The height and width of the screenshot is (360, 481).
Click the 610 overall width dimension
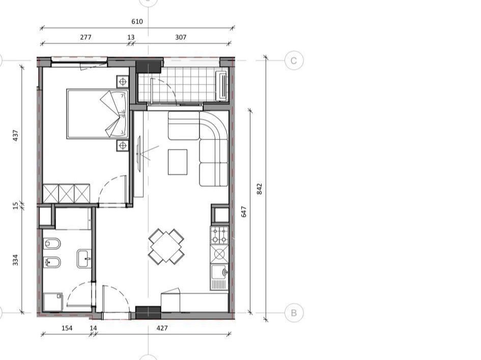pos(137,21)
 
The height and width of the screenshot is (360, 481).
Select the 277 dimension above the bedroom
pos(86,37)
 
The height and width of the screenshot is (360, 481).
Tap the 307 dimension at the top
pos(181,37)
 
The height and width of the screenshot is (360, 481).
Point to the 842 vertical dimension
pos(260,189)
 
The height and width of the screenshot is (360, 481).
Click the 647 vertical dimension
pos(244,212)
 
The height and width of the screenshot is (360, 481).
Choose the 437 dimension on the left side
pos(15,135)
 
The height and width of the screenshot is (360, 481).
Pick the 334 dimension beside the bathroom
pos(15,260)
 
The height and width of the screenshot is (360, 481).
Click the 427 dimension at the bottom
pos(162,328)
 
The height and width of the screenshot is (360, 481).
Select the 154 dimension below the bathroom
pos(67,328)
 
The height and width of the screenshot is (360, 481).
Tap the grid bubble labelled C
pos(294,61)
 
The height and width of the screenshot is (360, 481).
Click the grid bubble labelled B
pos(294,313)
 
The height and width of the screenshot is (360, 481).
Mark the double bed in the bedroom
pos(97,114)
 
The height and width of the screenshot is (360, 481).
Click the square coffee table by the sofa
pos(178,162)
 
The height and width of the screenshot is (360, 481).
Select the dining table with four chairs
pos(166,246)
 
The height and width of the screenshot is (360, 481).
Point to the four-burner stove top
pos(219,235)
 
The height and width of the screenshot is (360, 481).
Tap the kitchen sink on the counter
pos(219,277)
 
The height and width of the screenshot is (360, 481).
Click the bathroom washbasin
pos(84,259)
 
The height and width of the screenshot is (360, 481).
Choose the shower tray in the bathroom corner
pos(53,302)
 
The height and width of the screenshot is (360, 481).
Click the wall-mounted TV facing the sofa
pos(138,154)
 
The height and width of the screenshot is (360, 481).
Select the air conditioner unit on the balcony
pos(222,85)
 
